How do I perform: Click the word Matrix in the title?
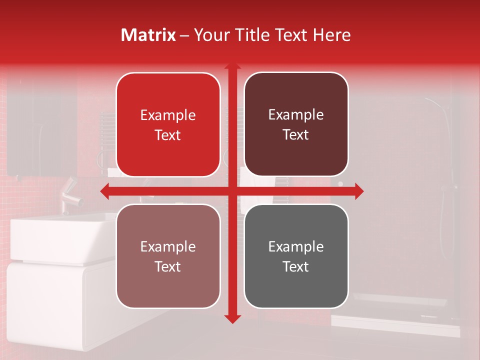148,35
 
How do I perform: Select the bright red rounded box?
168,124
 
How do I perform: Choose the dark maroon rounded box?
296,124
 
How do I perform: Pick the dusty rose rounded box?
168,256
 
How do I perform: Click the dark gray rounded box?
296,256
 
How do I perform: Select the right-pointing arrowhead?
359,191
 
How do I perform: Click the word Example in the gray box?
296,246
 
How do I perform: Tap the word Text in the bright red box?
168,135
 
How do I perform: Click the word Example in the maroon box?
296,115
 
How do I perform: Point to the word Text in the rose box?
168,266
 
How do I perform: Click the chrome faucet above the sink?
70,195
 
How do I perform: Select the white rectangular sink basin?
60,237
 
